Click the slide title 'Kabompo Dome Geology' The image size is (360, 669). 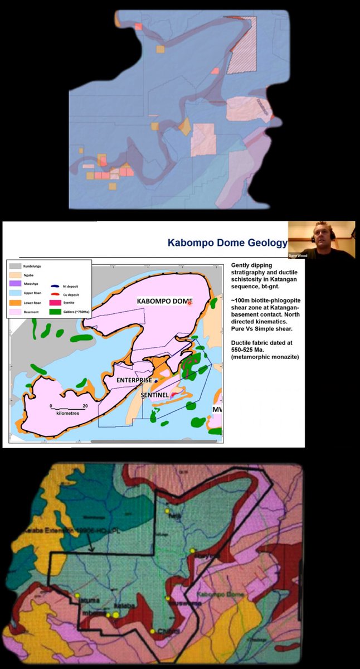[x=227, y=243]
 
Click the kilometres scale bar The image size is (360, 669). [x=67, y=409]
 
